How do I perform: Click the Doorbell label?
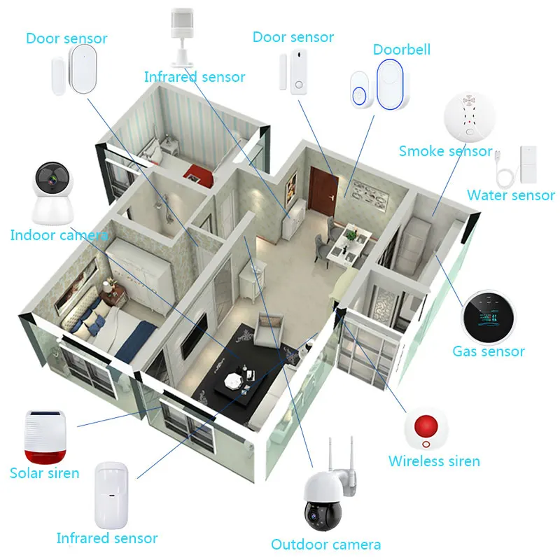401,50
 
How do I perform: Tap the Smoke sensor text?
445,151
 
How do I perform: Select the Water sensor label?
510,196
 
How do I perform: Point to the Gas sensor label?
488,351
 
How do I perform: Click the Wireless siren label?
434,461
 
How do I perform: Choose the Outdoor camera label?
326,544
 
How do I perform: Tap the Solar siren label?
44,473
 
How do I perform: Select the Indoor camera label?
58,235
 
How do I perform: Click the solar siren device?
46,434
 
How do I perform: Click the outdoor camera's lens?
312,517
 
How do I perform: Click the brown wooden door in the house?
323,190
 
